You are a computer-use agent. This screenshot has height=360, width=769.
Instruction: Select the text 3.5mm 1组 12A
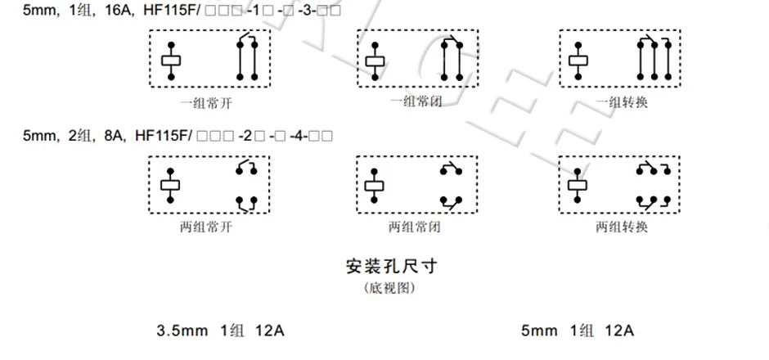221,331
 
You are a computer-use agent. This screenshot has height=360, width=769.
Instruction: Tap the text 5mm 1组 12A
578,331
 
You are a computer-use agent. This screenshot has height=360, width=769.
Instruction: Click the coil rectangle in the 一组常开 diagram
171,60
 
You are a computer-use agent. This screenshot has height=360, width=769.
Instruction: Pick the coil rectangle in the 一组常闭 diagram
375,60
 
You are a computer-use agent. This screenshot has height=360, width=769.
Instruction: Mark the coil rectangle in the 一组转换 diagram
578,60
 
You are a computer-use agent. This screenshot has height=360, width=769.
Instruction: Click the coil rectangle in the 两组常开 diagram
171,185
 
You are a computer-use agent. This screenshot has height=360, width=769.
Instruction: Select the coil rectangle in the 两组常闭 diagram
375,185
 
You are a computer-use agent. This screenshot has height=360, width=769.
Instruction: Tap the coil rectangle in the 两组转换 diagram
578,185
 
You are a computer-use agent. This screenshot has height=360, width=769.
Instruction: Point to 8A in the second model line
112,136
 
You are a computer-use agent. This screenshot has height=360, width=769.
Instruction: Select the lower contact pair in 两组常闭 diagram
451,200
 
